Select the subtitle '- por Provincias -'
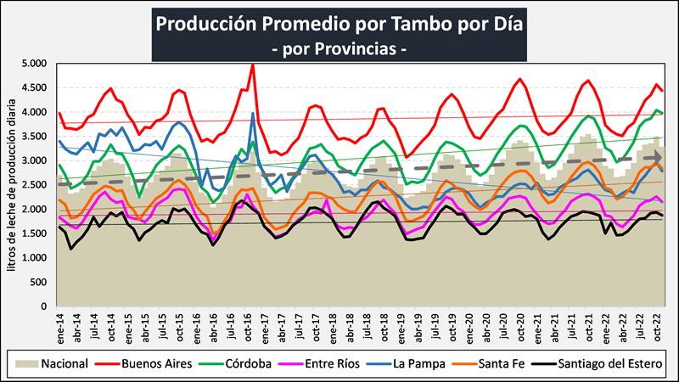point(339,49)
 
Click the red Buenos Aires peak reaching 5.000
point(253,65)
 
